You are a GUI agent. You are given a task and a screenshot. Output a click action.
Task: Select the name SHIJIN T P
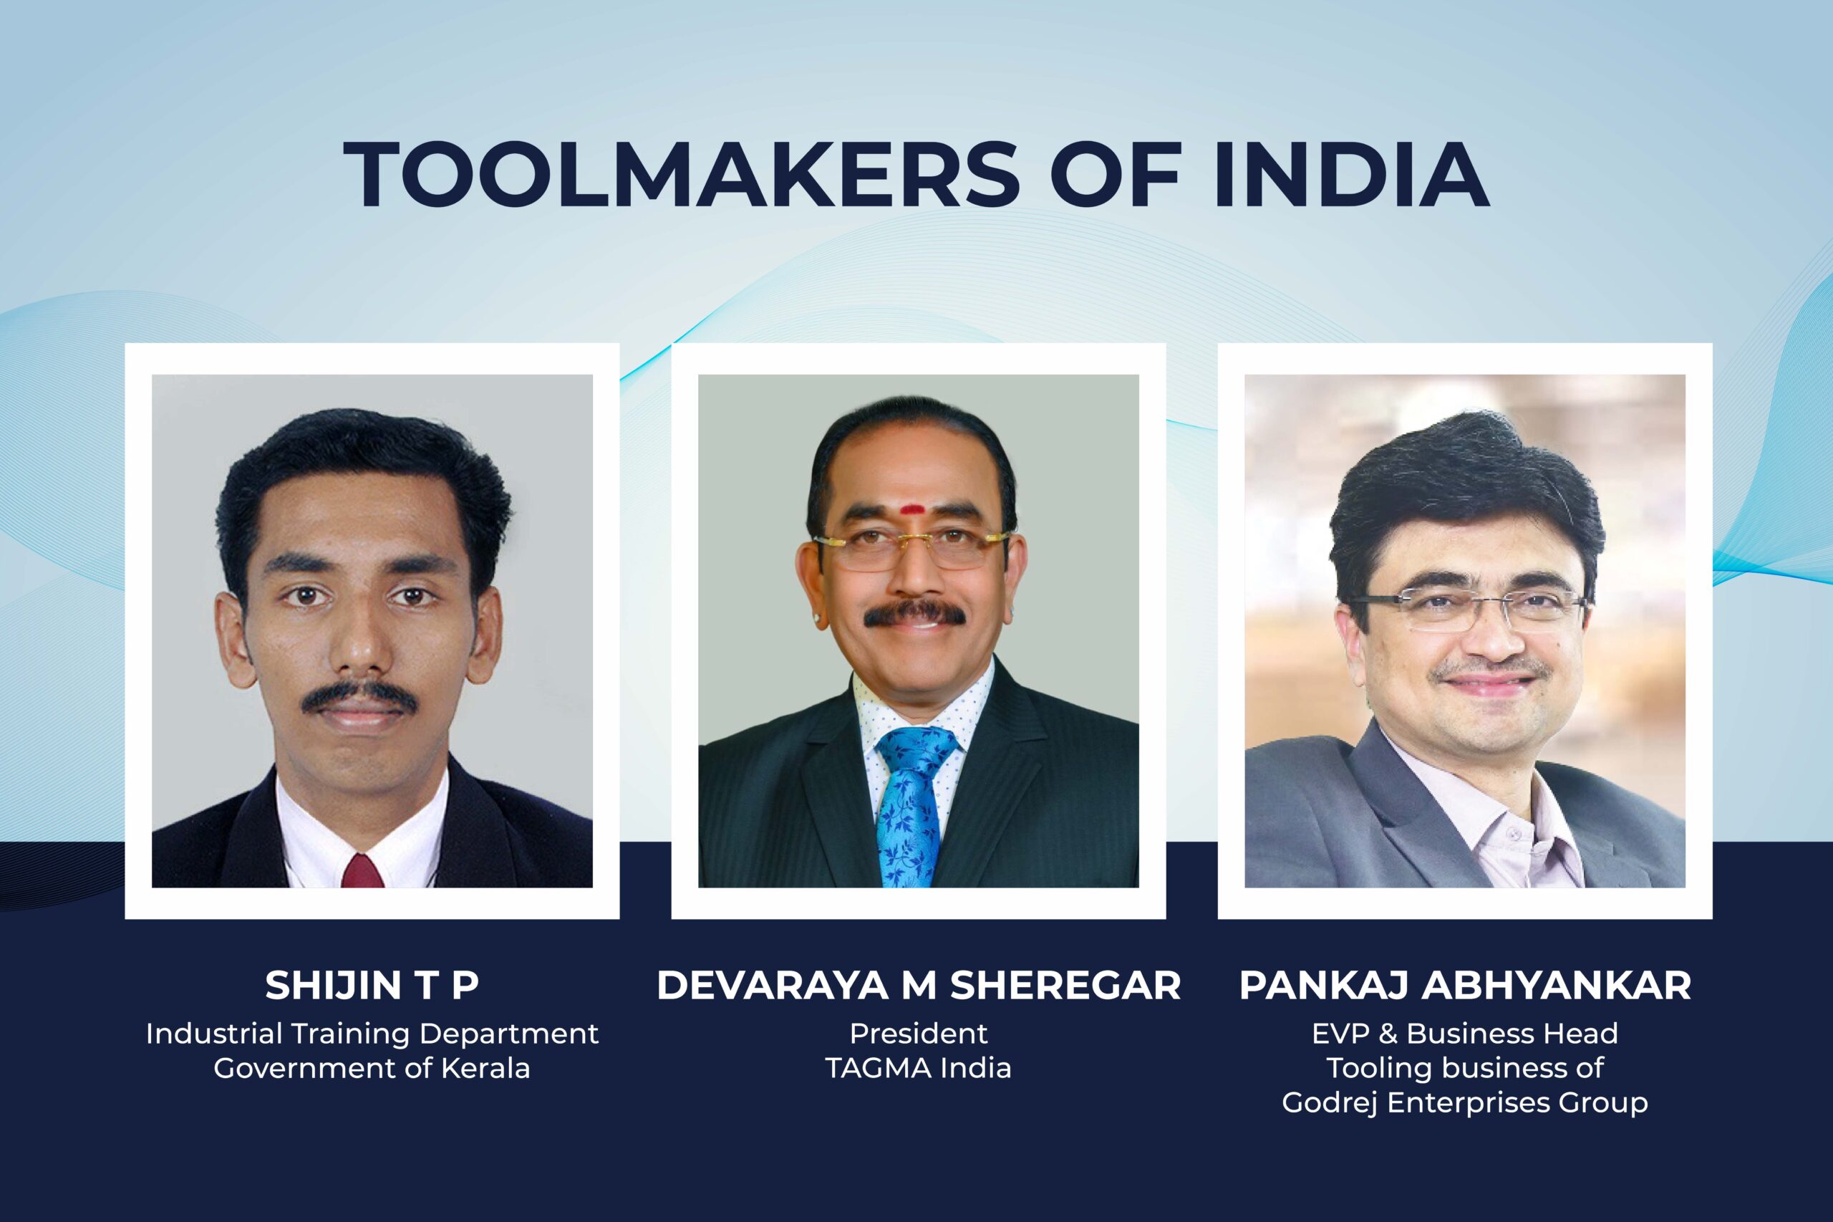coord(372,985)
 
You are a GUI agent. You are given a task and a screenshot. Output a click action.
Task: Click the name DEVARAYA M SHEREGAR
coord(919,985)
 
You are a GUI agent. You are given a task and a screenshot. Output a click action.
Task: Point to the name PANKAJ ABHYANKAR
coord(1465,985)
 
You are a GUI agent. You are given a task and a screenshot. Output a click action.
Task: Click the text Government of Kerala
coord(372,1068)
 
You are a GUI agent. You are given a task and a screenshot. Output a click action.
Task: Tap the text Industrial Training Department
coord(372,1034)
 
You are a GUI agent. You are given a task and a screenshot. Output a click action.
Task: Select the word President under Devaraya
coord(919,1034)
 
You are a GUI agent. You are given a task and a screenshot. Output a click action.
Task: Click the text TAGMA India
coord(919,1068)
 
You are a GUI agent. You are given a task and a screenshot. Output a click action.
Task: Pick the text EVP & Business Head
coord(1465,1034)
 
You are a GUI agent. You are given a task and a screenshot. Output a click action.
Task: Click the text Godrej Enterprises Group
coord(1465,1103)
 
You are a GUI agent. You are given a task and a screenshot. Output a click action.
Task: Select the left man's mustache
coord(359,697)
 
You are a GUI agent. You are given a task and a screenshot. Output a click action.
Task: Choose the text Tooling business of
coord(1465,1068)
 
